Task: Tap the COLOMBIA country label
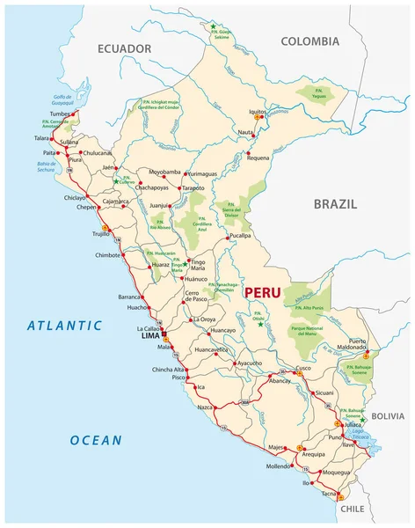coord(309,41)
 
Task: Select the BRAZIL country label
coord(335,203)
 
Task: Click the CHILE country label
coord(352,509)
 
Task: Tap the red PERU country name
coord(264,290)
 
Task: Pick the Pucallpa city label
coord(239,237)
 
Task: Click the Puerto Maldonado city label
coord(369,345)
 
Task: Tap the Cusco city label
coord(302,367)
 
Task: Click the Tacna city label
coord(326,495)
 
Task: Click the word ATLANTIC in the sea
coord(64,325)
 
